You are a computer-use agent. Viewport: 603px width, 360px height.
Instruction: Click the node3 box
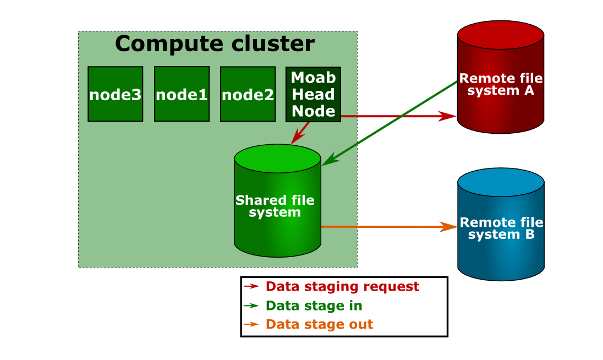point(115,94)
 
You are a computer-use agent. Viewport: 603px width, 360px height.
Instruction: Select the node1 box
point(182,94)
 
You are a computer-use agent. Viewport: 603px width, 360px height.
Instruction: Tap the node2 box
point(248,94)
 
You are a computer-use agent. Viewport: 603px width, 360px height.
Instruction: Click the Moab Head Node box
point(313,94)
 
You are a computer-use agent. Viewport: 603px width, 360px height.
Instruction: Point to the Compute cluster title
point(215,44)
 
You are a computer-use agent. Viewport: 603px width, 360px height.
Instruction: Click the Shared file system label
point(275,206)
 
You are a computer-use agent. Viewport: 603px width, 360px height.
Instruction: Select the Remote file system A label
point(501,84)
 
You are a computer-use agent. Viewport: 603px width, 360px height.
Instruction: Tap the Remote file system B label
point(501,228)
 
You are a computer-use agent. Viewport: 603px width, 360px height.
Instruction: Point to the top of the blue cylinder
point(501,181)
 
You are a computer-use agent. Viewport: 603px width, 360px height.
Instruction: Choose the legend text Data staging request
point(342,287)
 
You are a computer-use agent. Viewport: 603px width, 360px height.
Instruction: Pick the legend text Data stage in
point(314,306)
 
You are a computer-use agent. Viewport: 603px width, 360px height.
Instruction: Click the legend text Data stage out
point(319,325)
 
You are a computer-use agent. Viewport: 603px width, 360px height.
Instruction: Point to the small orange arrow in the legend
point(251,325)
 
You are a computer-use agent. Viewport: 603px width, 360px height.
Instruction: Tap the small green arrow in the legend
point(251,306)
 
